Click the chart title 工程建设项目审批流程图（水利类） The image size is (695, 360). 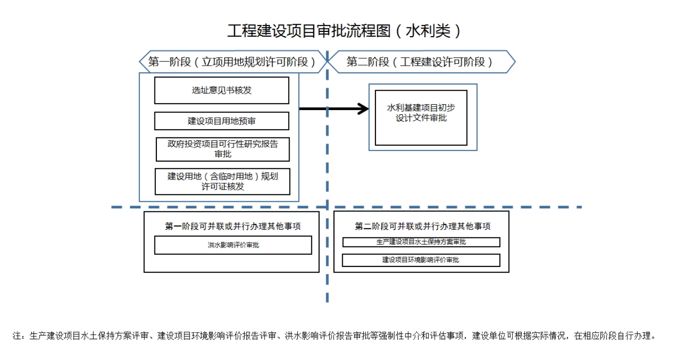point(345,31)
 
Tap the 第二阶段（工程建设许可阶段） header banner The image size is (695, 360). point(420,62)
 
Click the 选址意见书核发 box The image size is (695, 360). point(222,90)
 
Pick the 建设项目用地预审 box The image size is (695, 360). point(222,121)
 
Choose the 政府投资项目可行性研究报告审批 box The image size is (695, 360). point(222,149)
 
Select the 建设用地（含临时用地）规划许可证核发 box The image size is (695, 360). point(222,181)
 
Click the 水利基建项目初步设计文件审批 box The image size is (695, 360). point(421,117)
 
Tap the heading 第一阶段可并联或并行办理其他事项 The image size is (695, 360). point(232,226)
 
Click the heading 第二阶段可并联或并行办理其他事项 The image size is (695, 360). point(422,226)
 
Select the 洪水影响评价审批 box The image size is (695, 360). point(233,245)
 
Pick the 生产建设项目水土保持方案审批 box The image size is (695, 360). point(421,242)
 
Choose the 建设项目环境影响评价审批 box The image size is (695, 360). point(421,260)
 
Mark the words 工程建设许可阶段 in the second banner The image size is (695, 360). point(442,62)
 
